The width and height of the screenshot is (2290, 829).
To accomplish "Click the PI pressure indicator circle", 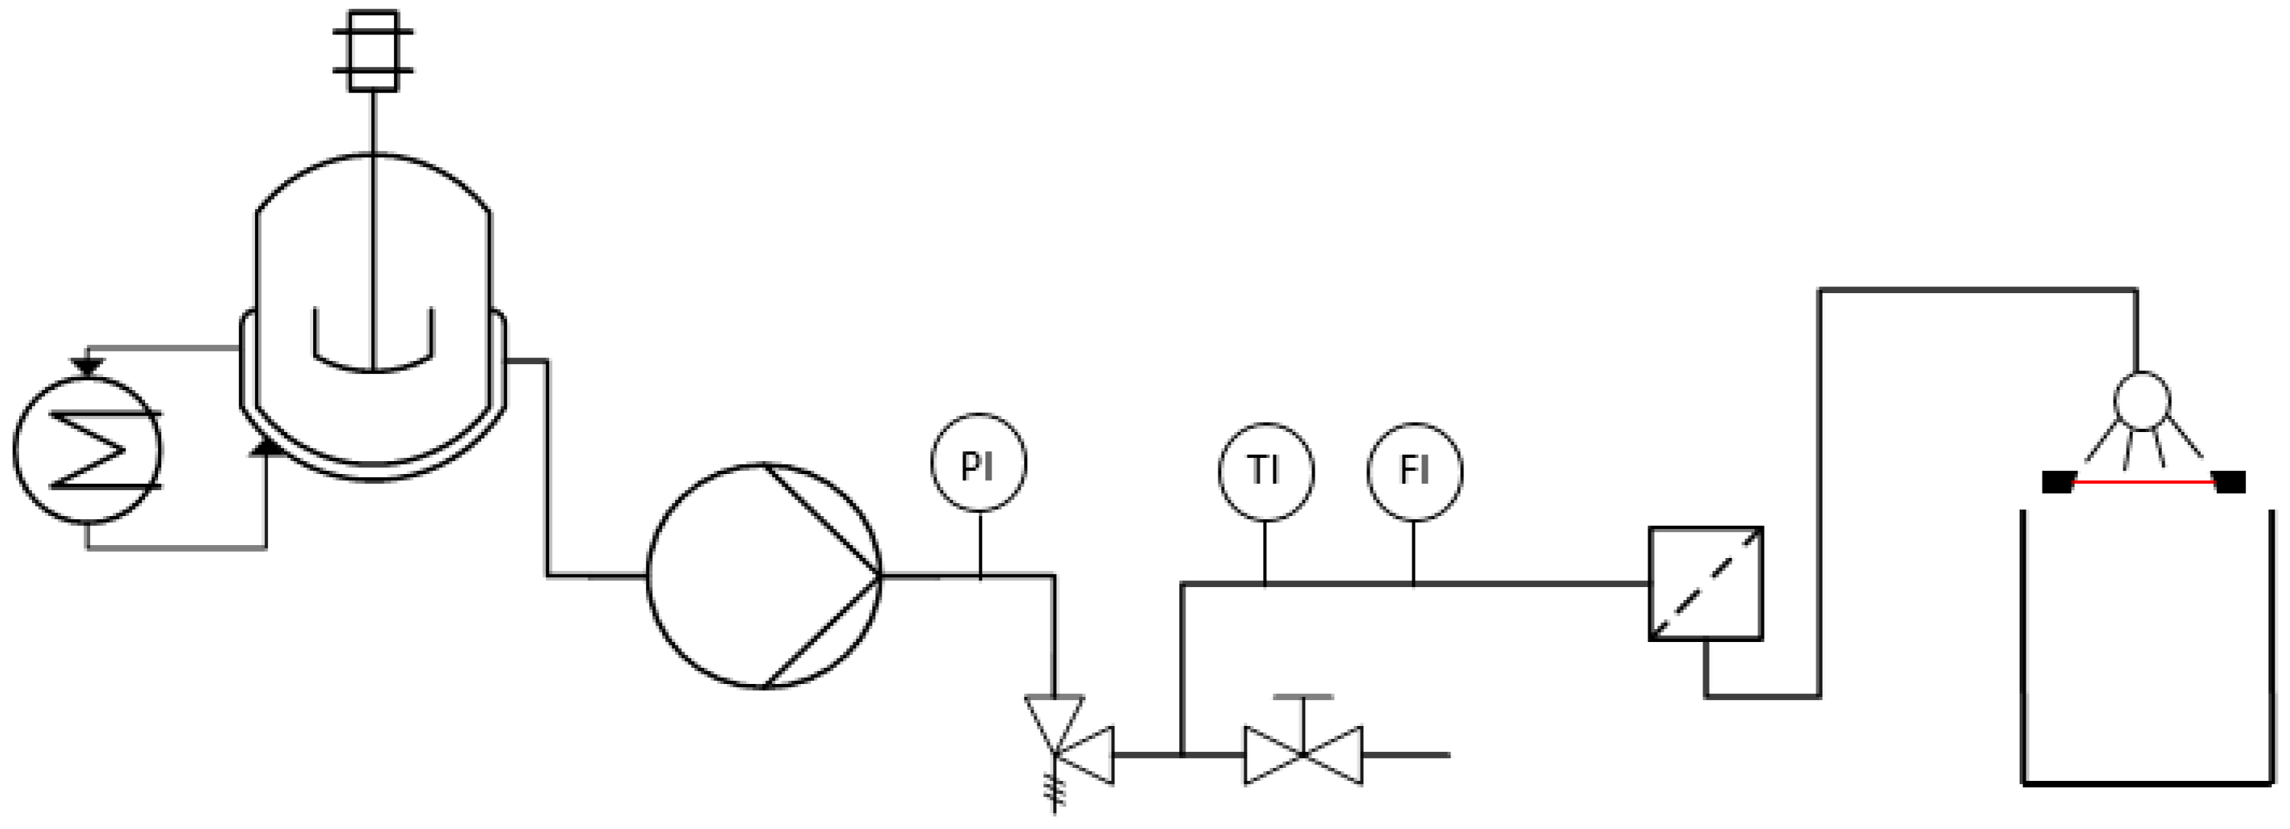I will (978, 463).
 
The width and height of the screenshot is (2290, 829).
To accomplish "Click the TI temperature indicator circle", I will (1265, 471).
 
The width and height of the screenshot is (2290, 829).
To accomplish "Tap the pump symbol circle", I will (764, 576).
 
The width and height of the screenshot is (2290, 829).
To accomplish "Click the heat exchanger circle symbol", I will (87, 450).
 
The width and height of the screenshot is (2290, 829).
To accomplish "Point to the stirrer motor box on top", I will (373, 50).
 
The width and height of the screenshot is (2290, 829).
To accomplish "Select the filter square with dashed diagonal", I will (1705, 584).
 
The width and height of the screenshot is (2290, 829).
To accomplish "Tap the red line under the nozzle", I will (2143, 482).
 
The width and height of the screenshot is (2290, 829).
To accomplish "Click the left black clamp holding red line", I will (2057, 482).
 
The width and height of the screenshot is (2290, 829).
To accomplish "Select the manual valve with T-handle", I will (1302, 753).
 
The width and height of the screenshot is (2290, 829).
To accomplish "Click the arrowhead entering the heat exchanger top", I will (87, 365).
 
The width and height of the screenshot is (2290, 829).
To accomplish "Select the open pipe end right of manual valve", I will (1447, 755).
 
